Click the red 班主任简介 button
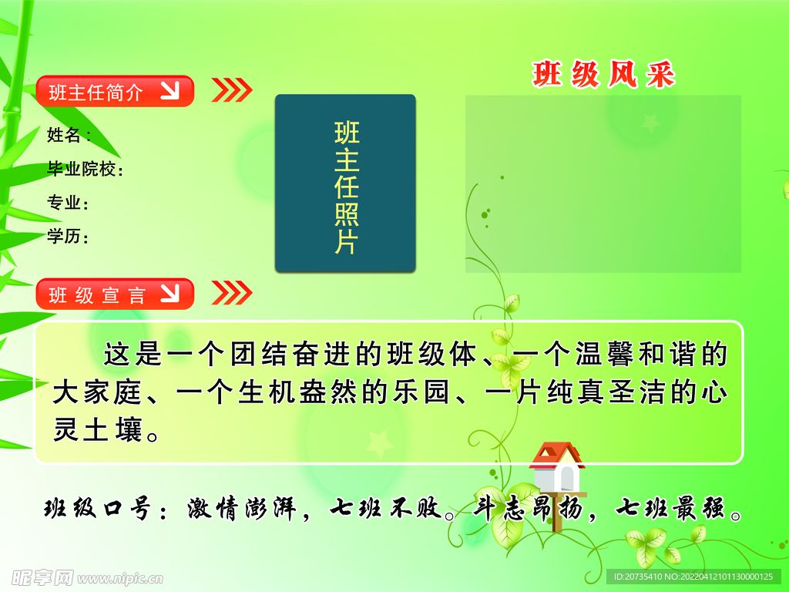[x=115, y=91]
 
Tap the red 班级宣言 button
[x=115, y=294]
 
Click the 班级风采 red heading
[x=603, y=75]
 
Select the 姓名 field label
[x=69, y=135]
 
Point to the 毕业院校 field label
[x=85, y=169]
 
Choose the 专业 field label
[x=68, y=203]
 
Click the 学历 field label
[x=68, y=236]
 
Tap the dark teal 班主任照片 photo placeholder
[x=345, y=183]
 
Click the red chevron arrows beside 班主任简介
[x=232, y=90]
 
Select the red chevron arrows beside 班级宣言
[x=232, y=293]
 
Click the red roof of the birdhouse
[x=557, y=454]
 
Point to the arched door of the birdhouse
[x=567, y=478]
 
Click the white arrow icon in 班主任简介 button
[x=170, y=91]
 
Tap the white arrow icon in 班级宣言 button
[x=170, y=293]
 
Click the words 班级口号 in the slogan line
[x=97, y=509]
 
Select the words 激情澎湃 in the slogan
[x=242, y=509]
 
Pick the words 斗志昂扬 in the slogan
[x=528, y=509]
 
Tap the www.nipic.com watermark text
[x=120, y=578]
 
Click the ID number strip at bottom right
[x=693, y=577]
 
